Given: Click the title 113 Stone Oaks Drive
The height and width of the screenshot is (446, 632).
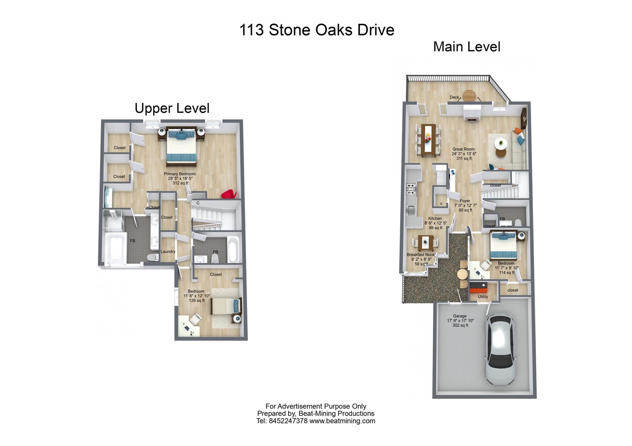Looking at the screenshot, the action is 317,30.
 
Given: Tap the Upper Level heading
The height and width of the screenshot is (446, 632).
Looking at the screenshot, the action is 172,108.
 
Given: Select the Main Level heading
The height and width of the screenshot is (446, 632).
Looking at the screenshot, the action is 467,47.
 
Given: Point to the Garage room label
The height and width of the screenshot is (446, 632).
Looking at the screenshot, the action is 460,320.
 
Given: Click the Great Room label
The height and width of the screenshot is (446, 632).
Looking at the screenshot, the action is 464,154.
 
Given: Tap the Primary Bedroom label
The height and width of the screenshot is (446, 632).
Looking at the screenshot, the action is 180,178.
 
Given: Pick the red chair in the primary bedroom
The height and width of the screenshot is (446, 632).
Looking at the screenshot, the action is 229,194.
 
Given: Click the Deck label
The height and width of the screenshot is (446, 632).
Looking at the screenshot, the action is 454,97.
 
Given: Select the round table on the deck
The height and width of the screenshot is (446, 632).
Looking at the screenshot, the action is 469,95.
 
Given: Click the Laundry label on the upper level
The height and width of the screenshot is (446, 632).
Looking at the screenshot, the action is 168,251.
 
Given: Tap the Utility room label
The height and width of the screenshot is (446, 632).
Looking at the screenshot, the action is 483,297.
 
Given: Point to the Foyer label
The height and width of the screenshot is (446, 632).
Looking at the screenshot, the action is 465,205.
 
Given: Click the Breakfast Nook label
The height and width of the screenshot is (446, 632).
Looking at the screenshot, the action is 421,259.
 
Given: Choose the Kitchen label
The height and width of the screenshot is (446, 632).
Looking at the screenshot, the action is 435,223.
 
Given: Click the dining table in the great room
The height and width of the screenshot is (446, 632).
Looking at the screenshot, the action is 428,140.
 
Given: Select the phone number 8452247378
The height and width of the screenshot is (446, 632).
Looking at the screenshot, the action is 288,421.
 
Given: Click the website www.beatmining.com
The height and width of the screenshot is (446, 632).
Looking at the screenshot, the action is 342,421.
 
